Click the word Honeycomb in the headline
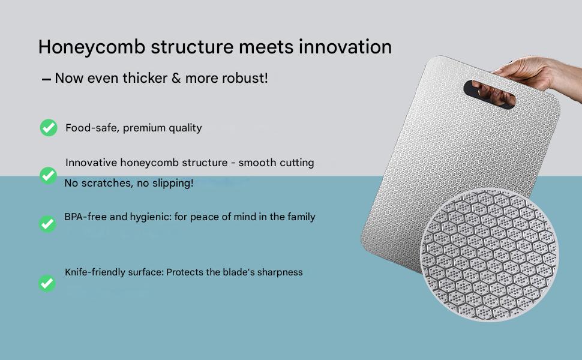coord(92,48)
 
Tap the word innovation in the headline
coord(345,47)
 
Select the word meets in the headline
coord(266,47)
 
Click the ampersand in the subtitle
coord(176,79)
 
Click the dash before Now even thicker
coord(46,79)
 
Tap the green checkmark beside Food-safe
coord(49,128)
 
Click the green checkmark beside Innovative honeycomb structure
coord(48,176)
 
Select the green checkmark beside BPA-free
coord(47,224)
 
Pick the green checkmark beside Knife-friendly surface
coord(47,283)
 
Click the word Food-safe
coord(92,128)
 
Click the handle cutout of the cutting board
coord(489,94)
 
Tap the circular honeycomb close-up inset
coord(489,255)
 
